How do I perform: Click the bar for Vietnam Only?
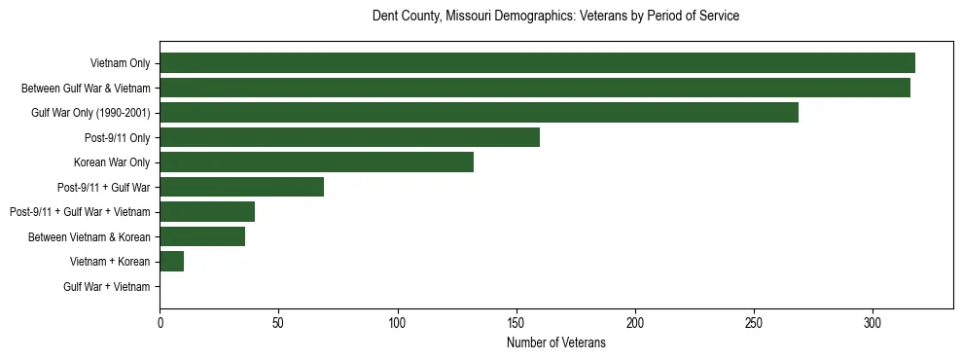(537, 63)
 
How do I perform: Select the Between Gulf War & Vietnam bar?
(535, 88)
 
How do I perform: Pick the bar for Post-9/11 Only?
(349, 137)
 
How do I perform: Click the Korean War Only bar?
(316, 162)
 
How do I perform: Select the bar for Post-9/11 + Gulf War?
(241, 187)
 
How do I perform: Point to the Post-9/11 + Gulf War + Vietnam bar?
(207, 212)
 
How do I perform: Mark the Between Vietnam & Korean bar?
(202, 236)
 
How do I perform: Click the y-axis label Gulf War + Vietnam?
(107, 287)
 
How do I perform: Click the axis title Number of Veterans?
(556, 342)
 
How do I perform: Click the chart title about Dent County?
(556, 17)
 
